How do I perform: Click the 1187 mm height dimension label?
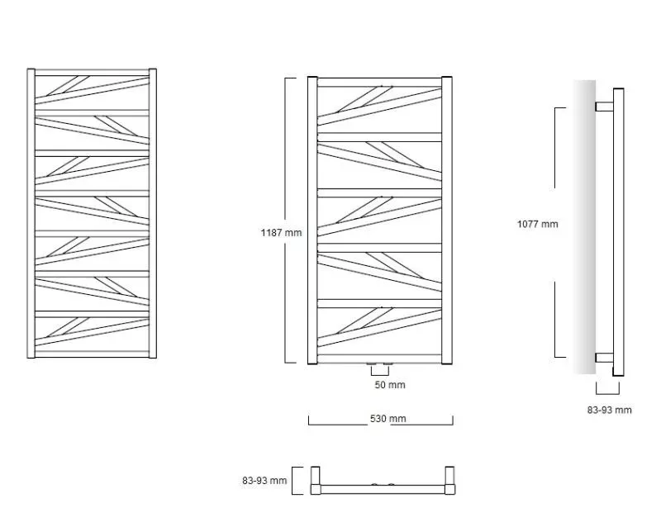point(281,233)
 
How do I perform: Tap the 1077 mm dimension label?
point(538,224)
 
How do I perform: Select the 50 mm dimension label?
point(390,385)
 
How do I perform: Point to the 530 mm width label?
point(388,419)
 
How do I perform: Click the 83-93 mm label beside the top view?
point(264,481)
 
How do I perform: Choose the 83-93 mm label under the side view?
point(610,410)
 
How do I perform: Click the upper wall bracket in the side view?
point(605,107)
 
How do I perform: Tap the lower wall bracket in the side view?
point(605,358)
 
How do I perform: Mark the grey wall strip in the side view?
point(584,227)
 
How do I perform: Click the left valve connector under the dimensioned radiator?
point(372,363)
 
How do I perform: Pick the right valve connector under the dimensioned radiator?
point(388,363)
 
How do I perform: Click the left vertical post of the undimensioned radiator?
point(31,213)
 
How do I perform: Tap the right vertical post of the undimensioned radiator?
point(153,213)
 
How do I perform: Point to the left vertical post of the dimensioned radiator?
point(312,220)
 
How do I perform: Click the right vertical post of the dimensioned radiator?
point(447,220)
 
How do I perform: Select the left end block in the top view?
point(316,480)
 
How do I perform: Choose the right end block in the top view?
point(449,480)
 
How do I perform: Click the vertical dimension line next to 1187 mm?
point(285,220)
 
